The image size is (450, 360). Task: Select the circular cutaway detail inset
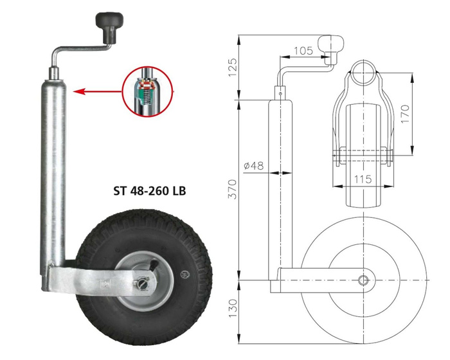click(147, 91)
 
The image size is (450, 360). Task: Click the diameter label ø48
click(254, 166)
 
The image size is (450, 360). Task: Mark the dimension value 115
click(363, 180)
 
